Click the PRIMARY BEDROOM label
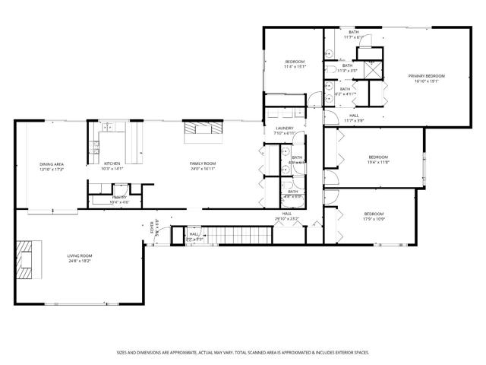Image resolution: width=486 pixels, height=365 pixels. [x=425, y=76]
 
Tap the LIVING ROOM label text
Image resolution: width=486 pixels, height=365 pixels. [x=76, y=257]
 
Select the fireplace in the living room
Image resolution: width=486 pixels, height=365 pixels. [x=27, y=259]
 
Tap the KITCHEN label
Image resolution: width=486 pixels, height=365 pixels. [x=112, y=163]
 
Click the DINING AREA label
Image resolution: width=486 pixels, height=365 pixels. [x=52, y=163]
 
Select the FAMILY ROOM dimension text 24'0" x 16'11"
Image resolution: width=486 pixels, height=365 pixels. [x=203, y=169]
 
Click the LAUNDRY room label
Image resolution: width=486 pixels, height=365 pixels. [x=284, y=129]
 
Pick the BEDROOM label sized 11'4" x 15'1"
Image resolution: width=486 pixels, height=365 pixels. [x=295, y=62]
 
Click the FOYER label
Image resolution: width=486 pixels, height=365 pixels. [x=151, y=228]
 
